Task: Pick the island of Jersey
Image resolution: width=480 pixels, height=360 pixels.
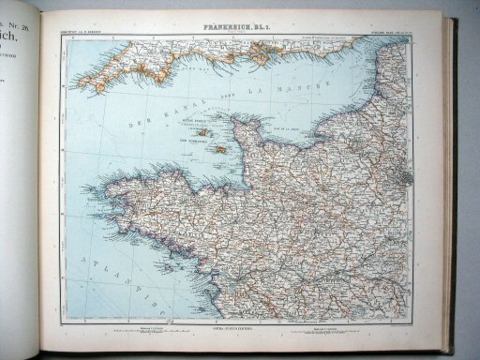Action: point(219,149)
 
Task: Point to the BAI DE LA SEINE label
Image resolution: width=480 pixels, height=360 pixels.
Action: point(281,130)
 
